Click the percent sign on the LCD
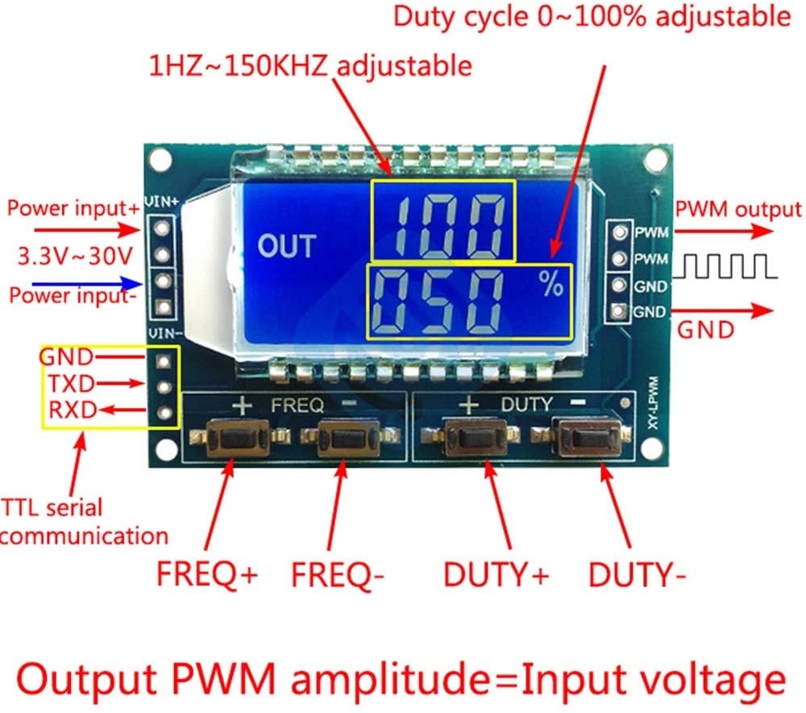(x=551, y=283)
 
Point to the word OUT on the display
(x=287, y=246)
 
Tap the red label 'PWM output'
(x=738, y=211)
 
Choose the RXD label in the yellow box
(x=72, y=411)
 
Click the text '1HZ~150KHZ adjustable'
(x=310, y=65)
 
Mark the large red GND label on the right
(x=705, y=329)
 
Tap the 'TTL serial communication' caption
(x=81, y=521)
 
